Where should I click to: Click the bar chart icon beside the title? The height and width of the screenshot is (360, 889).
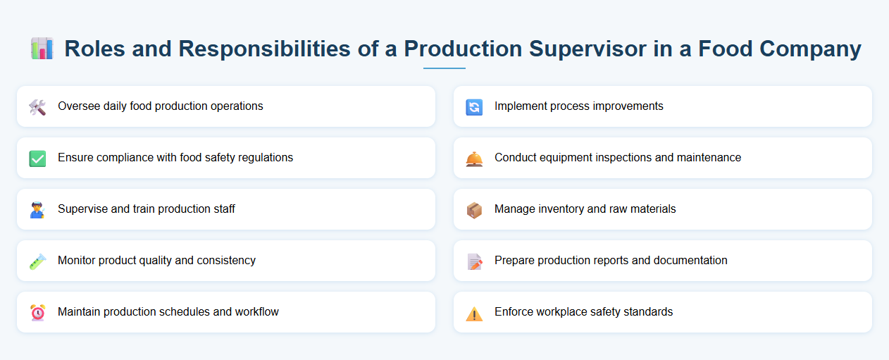tap(42, 49)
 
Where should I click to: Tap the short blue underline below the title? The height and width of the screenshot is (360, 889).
tap(444, 68)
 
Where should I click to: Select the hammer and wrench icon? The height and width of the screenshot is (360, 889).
tap(37, 107)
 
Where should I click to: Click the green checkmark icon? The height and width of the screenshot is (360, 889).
tap(37, 159)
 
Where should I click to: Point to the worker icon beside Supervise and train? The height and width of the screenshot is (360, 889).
tap(37, 210)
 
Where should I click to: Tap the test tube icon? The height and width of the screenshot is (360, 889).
tap(37, 261)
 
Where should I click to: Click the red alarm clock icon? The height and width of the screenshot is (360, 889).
tap(37, 313)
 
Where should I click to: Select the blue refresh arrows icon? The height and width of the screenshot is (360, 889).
tap(474, 107)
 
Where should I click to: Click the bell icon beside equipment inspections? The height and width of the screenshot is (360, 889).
tap(474, 159)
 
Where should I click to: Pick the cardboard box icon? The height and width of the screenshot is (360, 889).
tap(474, 210)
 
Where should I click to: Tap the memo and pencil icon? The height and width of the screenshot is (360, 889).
tap(474, 261)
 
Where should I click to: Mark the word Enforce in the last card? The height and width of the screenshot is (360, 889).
tap(514, 312)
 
